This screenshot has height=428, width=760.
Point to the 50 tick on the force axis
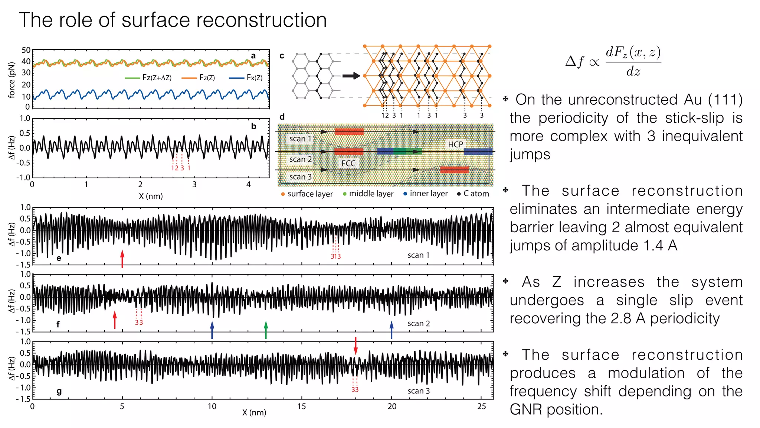[x=26, y=51]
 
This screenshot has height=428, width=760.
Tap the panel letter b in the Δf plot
[x=253, y=126]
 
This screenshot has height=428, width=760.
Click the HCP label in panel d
[x=455, y=144]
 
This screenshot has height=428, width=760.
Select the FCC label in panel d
[x=348, y=163]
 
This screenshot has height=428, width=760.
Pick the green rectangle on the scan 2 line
[x=407, y=151]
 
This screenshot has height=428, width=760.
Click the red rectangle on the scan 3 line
[x=454, y=170]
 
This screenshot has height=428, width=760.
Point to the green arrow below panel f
[x=266, y=330]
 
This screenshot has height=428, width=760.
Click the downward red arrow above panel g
[x=356, y=346]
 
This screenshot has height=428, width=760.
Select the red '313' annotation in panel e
[x=335, y=256]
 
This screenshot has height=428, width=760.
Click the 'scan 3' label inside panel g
[x=418, y=391]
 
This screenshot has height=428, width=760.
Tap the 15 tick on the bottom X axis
[x=302, y=406]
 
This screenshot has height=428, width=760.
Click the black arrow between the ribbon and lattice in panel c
[x=351, y=76]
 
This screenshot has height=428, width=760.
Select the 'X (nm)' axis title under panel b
[x=151, y=196]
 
